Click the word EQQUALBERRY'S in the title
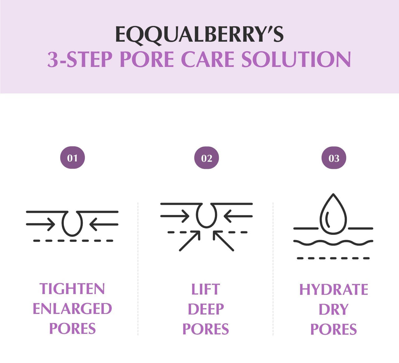click(x=199, y=34)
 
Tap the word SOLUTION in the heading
click(x=296, y=59)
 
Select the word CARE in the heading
click(x=207, y=59)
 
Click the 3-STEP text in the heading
click(x=80, y=59)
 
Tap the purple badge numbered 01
click(x=72, y=158)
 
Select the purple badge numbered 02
click(x=206, y=158)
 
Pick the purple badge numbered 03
click(x=334, y=158)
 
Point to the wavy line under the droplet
click(x=333, y=243)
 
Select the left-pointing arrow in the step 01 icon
click(x=104, y=224)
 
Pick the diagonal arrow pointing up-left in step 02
click(x=223, y=241)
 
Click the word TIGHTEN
click(x=72, y=289)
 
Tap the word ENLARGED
click(x=72, y=309)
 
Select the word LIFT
click(x=205, y=289)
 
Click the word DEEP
click(x=206, y=309)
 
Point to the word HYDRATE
click(x=333, y=290)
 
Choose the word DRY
click(x=333, y=310)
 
